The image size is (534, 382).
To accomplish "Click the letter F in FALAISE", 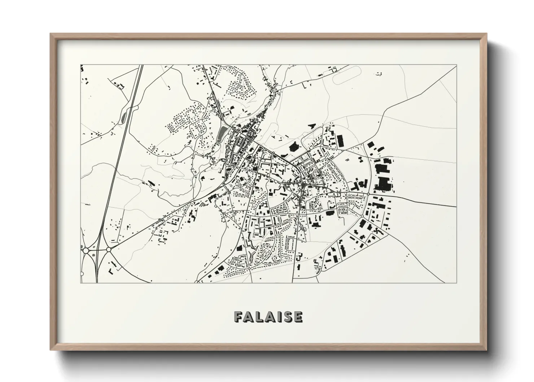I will tap(238, 317).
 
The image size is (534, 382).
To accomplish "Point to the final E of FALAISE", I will tap(298, 317).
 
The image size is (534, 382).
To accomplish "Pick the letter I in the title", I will tap(279, 317).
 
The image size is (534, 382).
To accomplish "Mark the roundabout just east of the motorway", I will tap(109, 249).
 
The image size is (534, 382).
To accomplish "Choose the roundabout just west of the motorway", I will tap(86, 250).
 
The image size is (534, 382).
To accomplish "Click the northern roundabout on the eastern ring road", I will tap(368, 194).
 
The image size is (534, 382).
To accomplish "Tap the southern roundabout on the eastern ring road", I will tap(362, 217).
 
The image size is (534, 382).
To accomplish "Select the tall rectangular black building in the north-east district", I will tap(340, 141).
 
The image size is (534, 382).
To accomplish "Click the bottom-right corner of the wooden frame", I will tap(486, 350).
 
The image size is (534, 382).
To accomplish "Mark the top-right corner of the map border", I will tap(456, 65).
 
